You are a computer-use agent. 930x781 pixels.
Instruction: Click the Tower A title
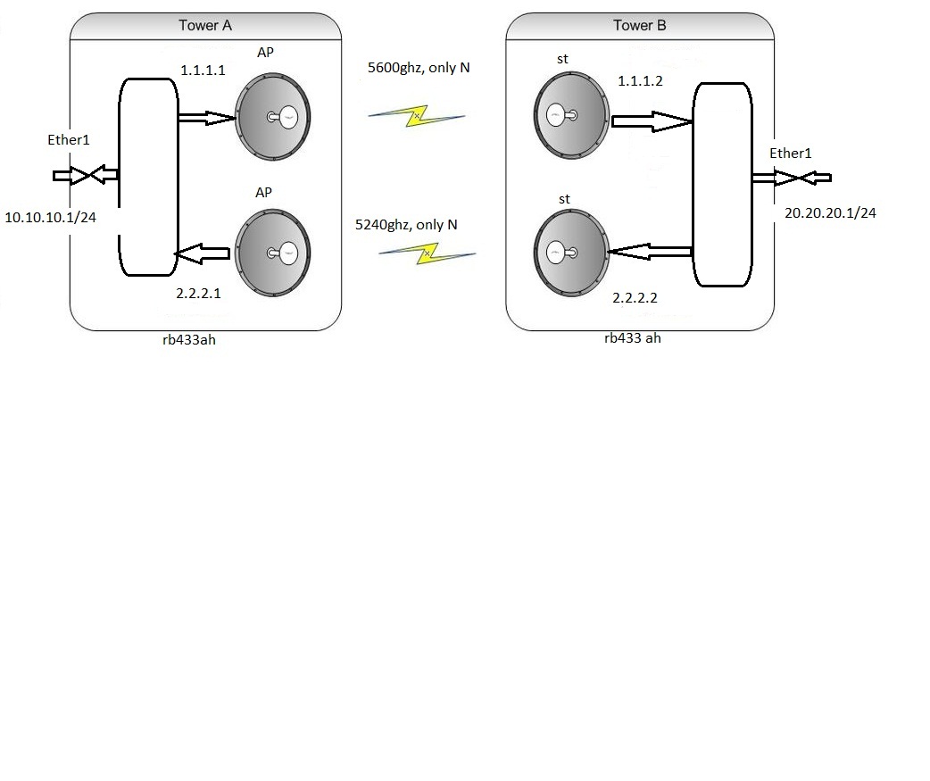205,25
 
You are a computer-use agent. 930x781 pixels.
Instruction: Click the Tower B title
639,25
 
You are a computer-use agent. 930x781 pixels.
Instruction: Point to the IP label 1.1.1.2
642,81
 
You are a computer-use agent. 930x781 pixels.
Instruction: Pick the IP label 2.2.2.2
635,298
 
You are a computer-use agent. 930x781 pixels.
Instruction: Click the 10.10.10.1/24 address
51,217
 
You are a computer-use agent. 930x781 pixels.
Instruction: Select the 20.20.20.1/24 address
830,213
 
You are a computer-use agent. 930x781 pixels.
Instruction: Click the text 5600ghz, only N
419,68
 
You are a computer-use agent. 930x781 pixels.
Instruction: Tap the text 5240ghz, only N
406,225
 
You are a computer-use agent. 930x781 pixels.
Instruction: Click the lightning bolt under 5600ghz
417,115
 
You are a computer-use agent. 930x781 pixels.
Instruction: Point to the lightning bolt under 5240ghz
427,253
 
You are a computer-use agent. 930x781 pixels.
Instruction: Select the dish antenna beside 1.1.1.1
273,116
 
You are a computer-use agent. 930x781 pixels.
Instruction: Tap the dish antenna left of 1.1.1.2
571,117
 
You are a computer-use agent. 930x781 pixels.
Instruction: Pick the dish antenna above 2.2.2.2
571,253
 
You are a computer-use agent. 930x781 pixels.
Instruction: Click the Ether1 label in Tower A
69,140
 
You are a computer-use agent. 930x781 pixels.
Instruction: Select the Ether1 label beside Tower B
791,154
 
